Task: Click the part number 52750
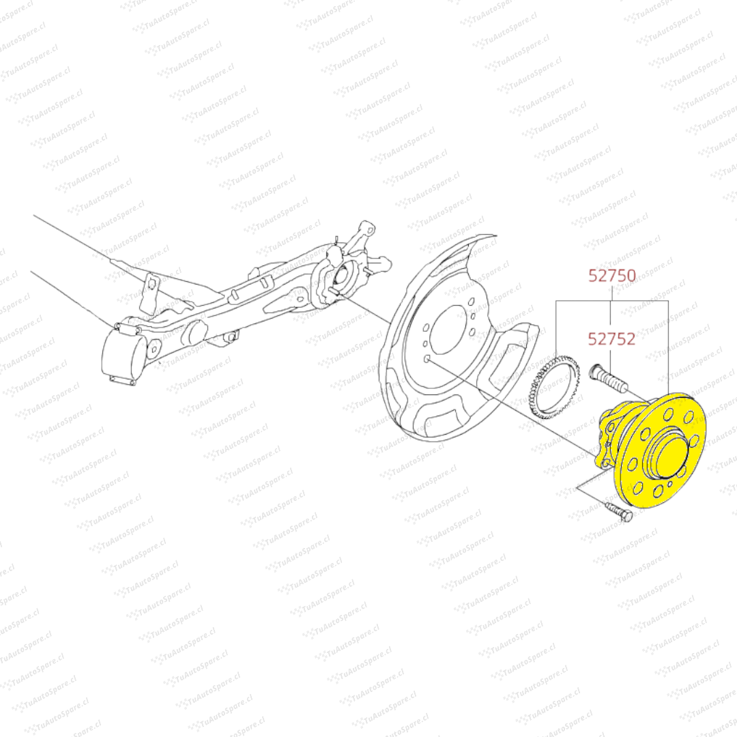[612, 276]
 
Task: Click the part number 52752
[612, 339]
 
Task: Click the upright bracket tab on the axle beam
[150, 293]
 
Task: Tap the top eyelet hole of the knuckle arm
[371, 231]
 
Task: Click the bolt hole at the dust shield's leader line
[427, 360]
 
